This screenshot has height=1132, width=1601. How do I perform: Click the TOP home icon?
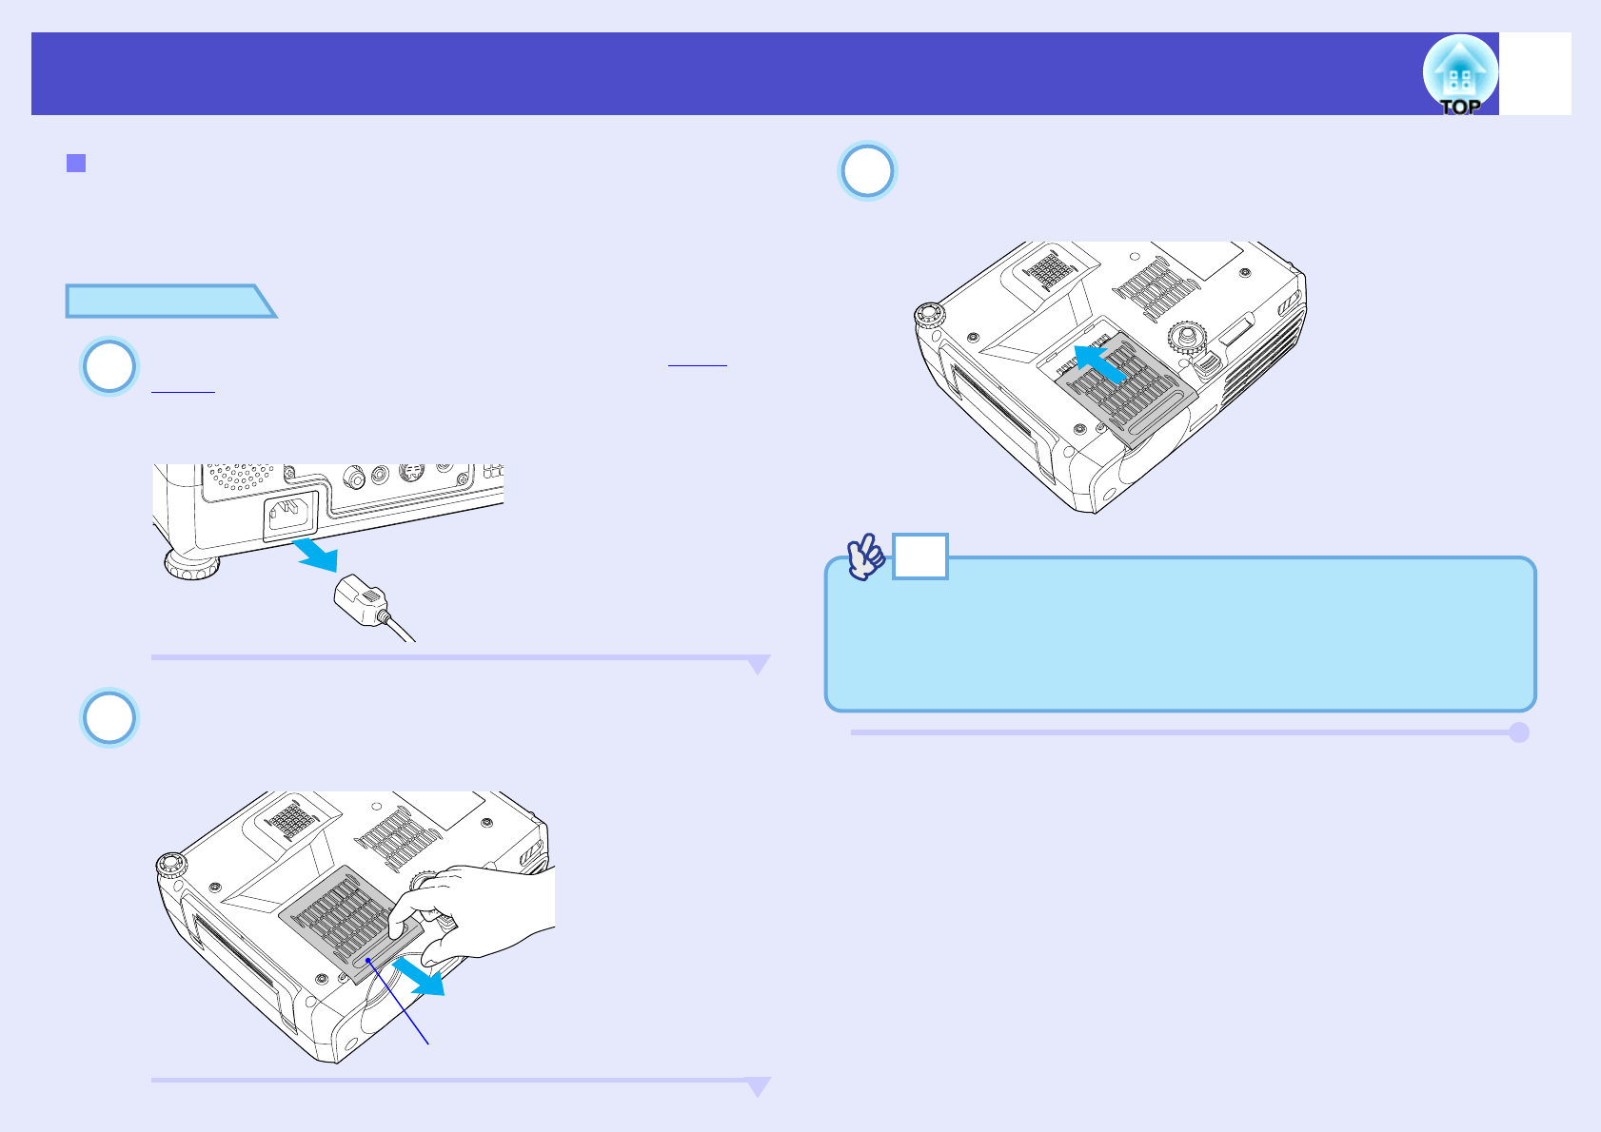click(x=1460, y=74)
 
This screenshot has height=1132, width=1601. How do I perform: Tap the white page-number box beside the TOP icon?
click(x=1535, y=74)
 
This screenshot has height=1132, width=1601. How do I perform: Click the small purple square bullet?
click(x=76, y=163)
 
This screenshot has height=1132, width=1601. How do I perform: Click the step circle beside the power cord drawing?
click(x=109, y=366)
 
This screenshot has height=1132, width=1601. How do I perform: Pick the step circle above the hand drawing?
click(x=109, y=718)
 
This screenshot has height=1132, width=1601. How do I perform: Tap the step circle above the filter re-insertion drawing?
click(x=867, y=171)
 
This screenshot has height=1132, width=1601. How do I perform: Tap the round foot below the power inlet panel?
click(x=191, y=565)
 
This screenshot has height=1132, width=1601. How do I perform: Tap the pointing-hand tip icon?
click(x=866, y=557)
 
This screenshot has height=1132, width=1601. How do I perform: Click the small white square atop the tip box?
click(x=919, y=556)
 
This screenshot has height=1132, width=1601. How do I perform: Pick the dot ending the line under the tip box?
click(x=1519, y=732)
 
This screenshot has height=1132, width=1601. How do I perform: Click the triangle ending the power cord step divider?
click(x=758, y=664)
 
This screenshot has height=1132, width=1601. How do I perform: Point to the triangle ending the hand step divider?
click(x=758, y=1086)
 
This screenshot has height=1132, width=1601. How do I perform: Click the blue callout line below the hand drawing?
click(x=400, y=1004)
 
